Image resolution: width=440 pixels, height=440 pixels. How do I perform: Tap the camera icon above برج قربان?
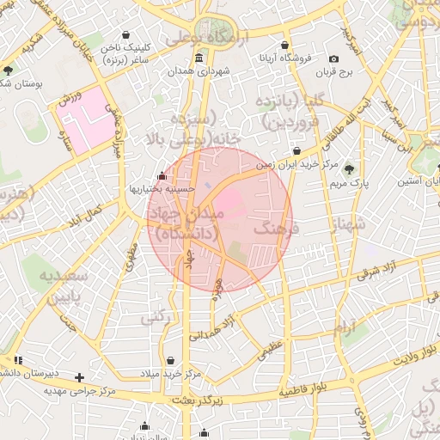[x=333, y=58]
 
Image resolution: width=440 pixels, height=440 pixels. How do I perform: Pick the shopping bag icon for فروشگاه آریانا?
[x=284, y=46]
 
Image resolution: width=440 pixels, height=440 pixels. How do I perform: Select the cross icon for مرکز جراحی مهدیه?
[x=80, y=376]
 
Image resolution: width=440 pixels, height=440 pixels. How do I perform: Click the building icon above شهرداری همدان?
[x=199, y=58]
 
